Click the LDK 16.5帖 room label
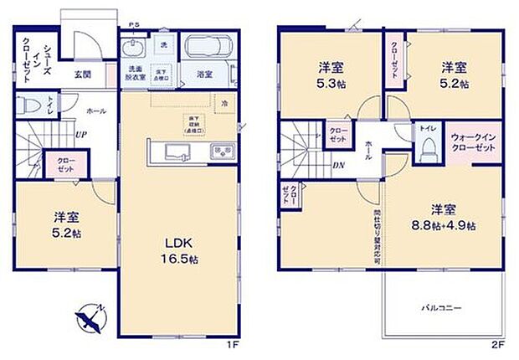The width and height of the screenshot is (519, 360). (181, 250)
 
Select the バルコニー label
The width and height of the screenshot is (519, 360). (440, 309)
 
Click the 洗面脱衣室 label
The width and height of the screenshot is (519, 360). (136, 73)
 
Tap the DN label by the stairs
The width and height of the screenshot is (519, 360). (337, 165)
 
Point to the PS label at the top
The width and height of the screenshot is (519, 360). (134, 26)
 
